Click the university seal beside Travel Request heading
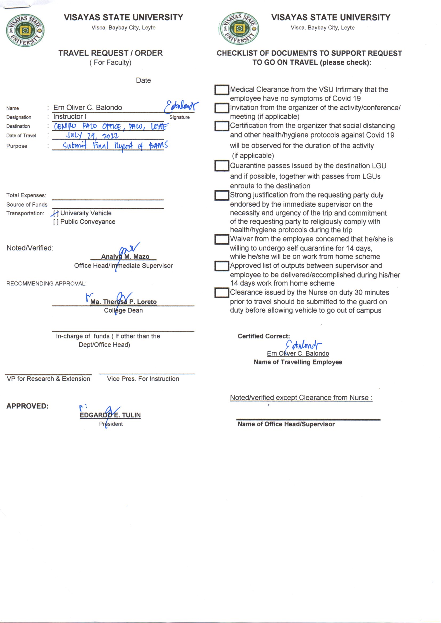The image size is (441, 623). tap(25, 30)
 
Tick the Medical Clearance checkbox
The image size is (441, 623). tap(222, 90)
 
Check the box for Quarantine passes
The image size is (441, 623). tap(222, 165)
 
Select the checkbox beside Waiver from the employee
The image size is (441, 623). tap(222, 239)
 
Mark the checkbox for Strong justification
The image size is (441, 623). tap(222, 195)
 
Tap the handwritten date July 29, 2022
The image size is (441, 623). tap(92, 135)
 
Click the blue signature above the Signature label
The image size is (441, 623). tap(181, 107)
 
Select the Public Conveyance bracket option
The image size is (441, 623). tap(56, 222)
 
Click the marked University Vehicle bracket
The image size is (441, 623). tap(55, 213)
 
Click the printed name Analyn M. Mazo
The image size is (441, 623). tap(125, 256)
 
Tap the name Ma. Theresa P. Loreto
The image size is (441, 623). tap(123, 302)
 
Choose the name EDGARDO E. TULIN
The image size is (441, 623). tap(110, 415)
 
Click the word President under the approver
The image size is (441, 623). tap(111, 424)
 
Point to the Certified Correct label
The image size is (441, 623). tap(264, 336)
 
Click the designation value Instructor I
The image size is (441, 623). tap(70, 117)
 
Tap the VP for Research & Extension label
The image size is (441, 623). tap(48, 379)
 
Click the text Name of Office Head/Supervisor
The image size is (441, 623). tap(286, 424)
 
